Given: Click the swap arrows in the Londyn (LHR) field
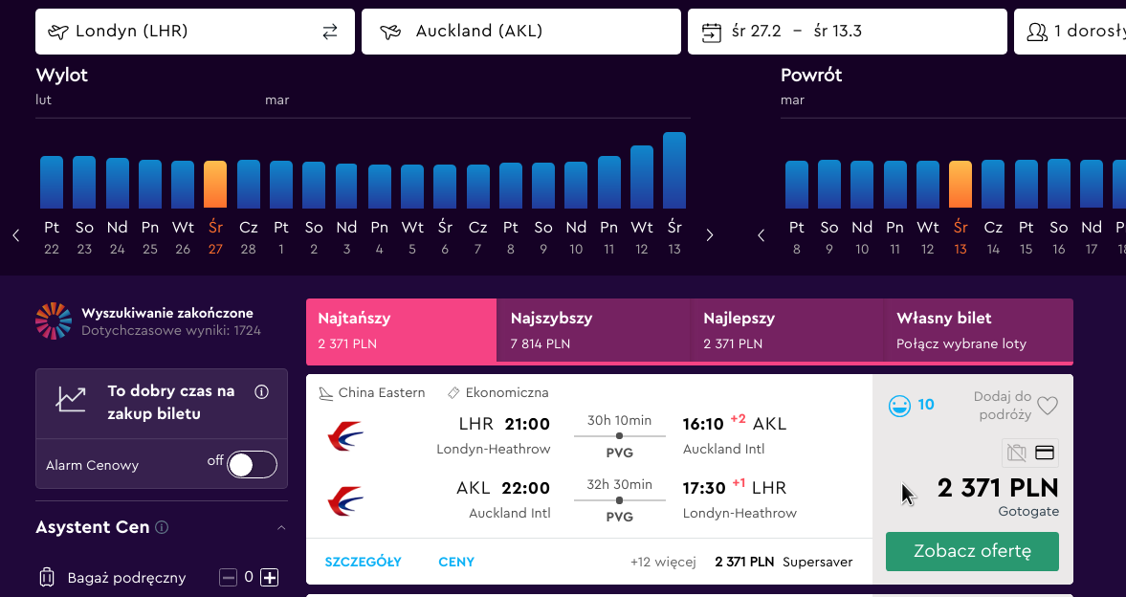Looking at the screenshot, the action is pos(330,32).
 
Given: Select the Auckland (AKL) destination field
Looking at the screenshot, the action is pos(520,32).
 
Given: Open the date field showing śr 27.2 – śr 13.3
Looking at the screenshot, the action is pos(848,32).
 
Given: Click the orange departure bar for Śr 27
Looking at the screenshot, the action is pos(215,185).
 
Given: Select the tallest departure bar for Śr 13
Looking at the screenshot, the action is pos(674,170).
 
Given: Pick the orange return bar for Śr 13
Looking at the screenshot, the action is pos(960,185).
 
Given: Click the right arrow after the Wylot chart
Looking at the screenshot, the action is pos(710,235).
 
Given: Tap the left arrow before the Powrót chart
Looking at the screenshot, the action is pos(762,235).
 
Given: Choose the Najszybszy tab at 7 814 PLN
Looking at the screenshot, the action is pos(592,330).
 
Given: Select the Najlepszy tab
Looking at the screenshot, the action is pos(786,330).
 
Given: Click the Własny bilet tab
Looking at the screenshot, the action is pos(978,330).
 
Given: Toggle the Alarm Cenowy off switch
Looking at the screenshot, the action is pos(252,465).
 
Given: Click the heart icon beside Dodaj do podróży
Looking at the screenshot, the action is pos(1048,407).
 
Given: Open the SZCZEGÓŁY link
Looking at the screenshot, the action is pos(363,562).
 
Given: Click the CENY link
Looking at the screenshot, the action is pos(456,562).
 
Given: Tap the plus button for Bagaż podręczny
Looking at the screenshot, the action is pos(269,577).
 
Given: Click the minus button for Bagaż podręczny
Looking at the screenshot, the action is pos(228,577).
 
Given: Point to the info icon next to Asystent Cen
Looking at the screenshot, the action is pos(163,527).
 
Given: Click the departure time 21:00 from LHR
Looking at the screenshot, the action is pos(527,424).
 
